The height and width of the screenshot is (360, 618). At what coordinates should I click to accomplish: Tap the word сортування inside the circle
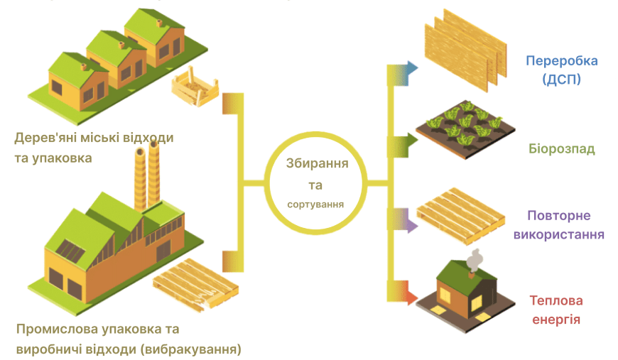(x=316, y=204)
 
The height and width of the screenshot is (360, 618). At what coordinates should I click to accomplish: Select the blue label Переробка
(x=561, y=60)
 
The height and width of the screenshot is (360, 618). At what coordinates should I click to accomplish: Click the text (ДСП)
(x=562, y=80)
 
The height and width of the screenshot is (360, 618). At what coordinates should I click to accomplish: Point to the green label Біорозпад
(x=562, y=150)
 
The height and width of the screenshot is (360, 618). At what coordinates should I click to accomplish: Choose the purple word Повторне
(x=559, y=215)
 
